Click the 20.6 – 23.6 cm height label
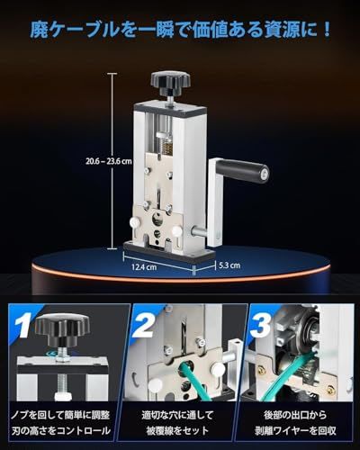(109, 161)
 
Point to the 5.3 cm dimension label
(229, 265)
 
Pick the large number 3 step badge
(260, 323)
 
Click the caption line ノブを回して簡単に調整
(61, 415)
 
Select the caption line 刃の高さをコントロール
(61, 431)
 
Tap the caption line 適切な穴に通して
(177, 415)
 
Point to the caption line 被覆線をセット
(177, 431)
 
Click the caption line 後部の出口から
(295, 415)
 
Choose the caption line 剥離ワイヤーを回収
(295, 431)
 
